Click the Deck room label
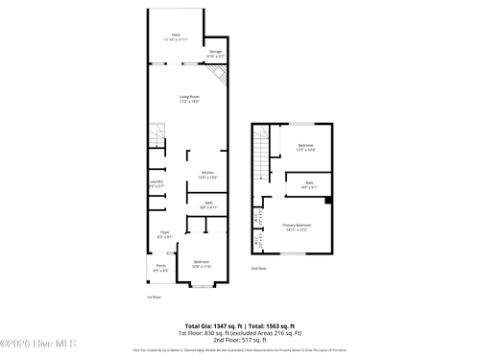pos(175,36)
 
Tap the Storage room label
pos(215,54)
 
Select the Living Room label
pos(188,98)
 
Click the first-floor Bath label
pos(207,204)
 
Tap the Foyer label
pos(164,235)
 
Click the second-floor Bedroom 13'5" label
pos(305,147)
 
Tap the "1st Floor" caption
pos(153,297)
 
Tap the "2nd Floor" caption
pos(257,269)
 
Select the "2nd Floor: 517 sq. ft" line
pos(240,341)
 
